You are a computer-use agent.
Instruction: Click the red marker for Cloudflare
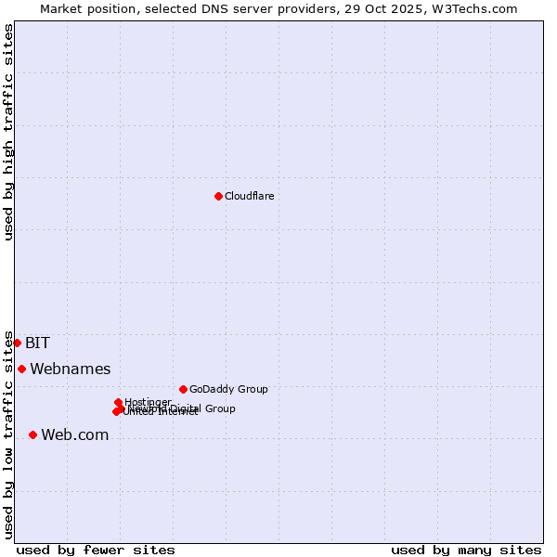tap(218, 196)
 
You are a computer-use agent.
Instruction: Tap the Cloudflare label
tap(249, 196)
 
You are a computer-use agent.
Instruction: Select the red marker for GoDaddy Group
tap(183, 389)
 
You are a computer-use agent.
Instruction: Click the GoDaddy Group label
tap(227, 389)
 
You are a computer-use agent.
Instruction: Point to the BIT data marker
tap(17, 343)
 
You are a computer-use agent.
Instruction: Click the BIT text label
tap(37, 343)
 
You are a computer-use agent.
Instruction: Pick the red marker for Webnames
tap(21, 369)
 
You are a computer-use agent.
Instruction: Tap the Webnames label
tap(70, 369)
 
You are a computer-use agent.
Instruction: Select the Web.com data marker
tap(32, 434)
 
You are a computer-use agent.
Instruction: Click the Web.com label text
tap(74, 434)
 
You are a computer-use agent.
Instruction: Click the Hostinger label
tap(148, 402)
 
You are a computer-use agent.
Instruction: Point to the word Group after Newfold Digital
tap(220, 408)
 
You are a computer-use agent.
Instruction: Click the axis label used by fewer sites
tap(96, 550)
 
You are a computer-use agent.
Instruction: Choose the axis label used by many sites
tap(466, 550)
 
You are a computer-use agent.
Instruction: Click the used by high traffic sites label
tap(8, 132)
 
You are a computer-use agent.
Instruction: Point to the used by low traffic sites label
tap(8, 434)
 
